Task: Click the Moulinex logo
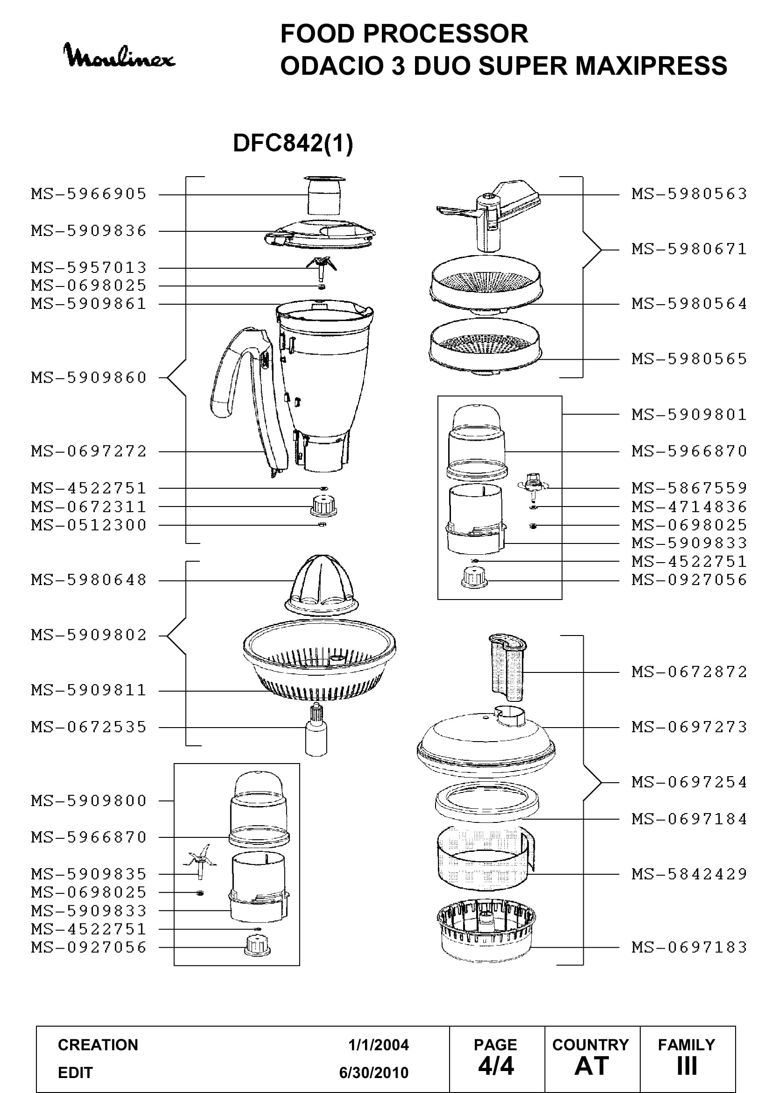pyautogui.click(x=119, y=56)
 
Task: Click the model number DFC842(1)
pyautogui.click(x=293, y=143)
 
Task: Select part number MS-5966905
pyautogui.click(x=89, y=194)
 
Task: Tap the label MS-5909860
pyautogui.click(x=89, y=378)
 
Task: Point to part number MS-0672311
pyautogui.click(x=89, y=507)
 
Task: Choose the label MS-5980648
pyautogui.click(x=89, y=580)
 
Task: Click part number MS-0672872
pyautogui.click(x=689, y=672)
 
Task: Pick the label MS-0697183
pyautogui.click(x=689, y=947)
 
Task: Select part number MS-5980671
pyautogui.click(x=689, y=249)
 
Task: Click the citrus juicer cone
pyautogui.click(x=320, y=585)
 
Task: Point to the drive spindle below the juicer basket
pyautogui.click(x=316, y=729)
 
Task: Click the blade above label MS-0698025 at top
pyautogui.click(x=321, y=268)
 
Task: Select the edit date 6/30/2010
pyautogui.click(x=374, y=1072)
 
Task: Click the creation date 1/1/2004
pyautogui.click(x=379, y=1045)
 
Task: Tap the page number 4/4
pyautogui.click(x=496, y=1066)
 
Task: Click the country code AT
pyautogui.click(x=592, y=1066)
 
